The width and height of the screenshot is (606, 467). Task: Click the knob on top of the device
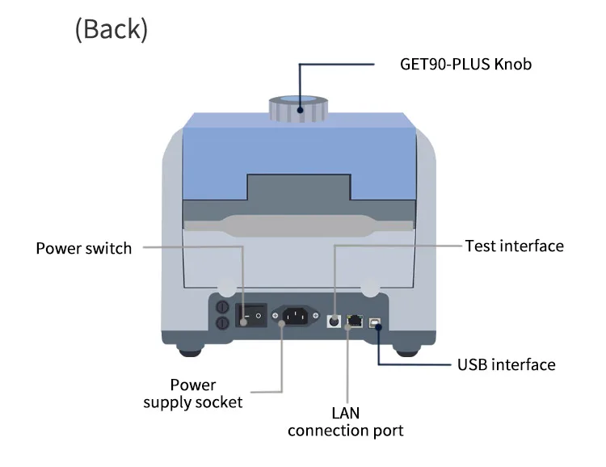point(298,108)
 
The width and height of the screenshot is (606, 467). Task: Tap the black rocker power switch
point(251,315)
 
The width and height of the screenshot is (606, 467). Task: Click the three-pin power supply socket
point(295,316)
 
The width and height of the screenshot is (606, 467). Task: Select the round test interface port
point(334,321)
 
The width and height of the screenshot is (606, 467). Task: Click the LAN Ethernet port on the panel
point(355,321)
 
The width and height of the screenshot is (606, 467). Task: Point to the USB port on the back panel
point(375,323)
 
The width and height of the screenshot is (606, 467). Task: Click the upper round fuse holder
point(222,307)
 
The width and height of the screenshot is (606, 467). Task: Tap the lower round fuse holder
point(222,322)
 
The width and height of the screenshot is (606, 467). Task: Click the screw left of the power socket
point(276,316)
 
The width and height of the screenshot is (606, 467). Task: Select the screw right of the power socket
point(315,316)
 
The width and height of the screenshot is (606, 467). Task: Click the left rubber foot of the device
point(190,351)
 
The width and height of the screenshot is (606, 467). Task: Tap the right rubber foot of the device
point(407,351)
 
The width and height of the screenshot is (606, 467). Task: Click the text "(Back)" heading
point(112,29)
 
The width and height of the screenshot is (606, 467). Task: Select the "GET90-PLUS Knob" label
point(465,64)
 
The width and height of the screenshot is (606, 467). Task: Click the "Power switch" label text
point(84,248)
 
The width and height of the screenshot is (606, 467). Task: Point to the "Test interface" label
point(515,246)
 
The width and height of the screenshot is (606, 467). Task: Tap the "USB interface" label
point(507,364)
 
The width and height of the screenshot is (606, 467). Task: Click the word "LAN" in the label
point(346,413)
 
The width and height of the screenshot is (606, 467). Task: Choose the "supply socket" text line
point(193,403)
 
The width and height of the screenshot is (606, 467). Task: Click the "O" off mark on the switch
point(259,316)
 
